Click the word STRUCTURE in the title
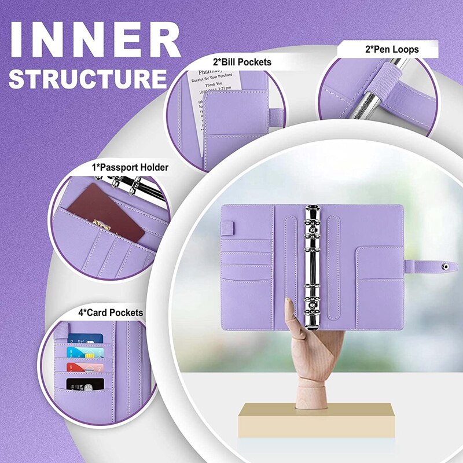[x=87, y=79]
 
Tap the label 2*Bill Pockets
[x=241, y=62]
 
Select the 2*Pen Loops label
[x=391, y=50]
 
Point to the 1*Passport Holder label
[x=130, y=167]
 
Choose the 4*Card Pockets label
[x=111, y=313]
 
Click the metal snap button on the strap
[x=444, y=267]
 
